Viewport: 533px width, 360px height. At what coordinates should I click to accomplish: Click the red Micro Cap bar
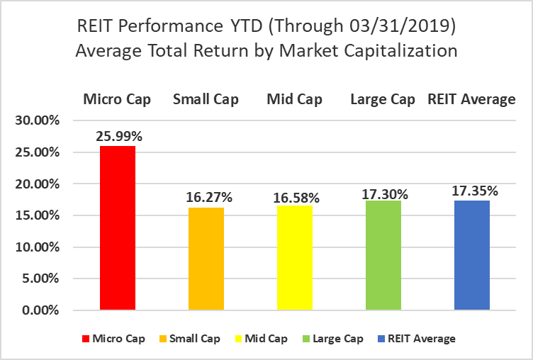click(118, 227)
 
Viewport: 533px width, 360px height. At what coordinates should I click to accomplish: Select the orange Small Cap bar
click(206, 259)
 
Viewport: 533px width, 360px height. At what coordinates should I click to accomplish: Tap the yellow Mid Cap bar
click(295, 258)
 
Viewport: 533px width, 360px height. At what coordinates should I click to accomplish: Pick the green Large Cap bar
click(383, 255)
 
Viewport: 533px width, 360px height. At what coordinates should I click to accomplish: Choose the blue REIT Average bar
click(472, 255)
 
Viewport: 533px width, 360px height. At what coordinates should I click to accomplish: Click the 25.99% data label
click(119, 136)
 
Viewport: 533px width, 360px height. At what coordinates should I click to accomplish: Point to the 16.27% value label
click(209, 197)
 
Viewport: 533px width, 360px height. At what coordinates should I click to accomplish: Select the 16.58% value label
click(296, 198)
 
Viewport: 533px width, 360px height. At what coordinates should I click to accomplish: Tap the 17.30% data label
click(385, 194)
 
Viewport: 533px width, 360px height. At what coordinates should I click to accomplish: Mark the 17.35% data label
click(475, 191)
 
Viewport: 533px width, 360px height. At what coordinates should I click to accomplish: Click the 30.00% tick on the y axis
click(38, 120)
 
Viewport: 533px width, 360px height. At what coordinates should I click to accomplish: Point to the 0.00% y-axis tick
click(40, 310)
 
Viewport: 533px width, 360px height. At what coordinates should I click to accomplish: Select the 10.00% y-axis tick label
click(38, 247)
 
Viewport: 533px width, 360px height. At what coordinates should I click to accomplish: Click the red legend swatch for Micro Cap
click(86, 339)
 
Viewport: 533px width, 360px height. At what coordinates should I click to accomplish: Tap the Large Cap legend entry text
click(338, 339)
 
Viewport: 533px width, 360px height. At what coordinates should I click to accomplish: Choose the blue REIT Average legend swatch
click(381, 339)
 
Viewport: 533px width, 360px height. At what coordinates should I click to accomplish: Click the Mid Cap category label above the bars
click(294, 99)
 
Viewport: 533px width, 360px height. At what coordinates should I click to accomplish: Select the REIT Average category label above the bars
click(471, 99)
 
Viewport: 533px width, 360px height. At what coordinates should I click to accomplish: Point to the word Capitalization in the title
click(400, 51)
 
